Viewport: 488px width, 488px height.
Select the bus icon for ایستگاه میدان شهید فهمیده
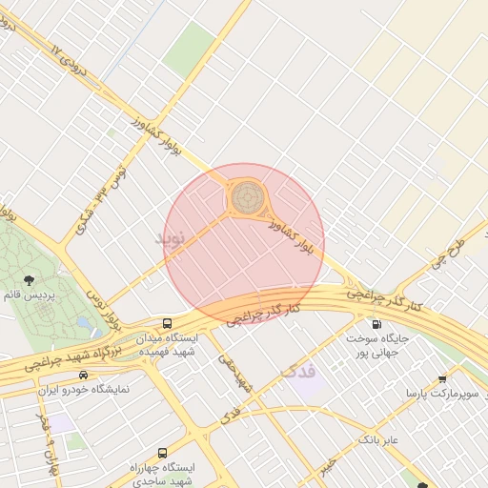click(168, 323)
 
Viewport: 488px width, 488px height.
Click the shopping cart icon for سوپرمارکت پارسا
click(442, 378)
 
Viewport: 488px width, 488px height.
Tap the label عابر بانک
click(378, 439)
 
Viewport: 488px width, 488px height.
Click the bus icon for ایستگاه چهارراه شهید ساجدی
click(161, 453)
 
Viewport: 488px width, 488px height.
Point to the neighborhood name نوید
click(174, 234)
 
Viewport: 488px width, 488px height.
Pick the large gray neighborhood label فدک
click(299, 371)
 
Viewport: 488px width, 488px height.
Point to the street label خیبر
click(328, 464)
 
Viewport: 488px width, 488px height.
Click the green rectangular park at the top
click(190, 50)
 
